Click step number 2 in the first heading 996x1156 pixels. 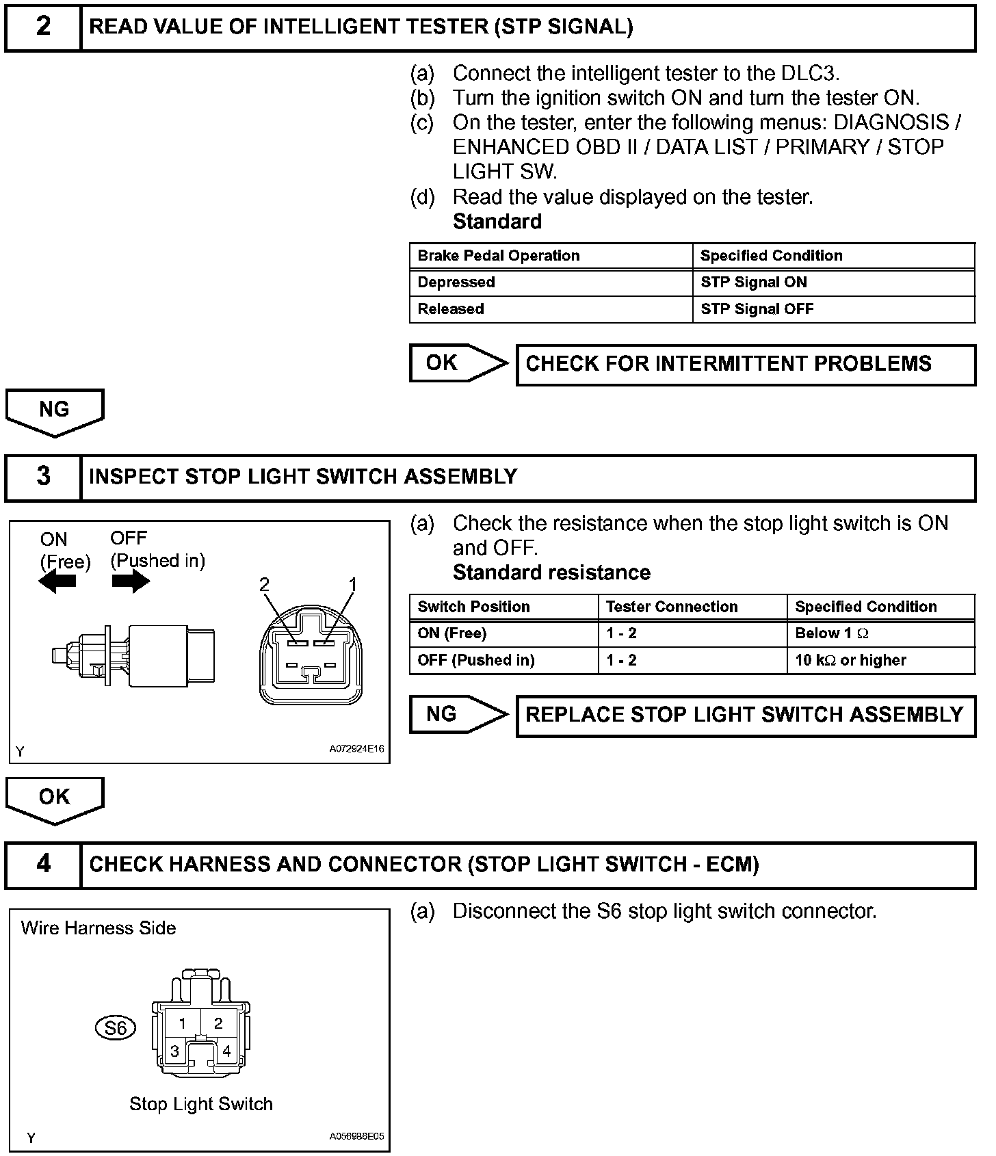(x=43, y=27)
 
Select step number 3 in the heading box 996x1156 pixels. (x=43, y=476)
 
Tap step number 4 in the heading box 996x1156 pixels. (x=43, y=864)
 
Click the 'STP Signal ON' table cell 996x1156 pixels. (x=753, y=283)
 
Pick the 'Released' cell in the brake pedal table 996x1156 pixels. (x=451, y=309)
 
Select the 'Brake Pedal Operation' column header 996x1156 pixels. (x=498, y=256)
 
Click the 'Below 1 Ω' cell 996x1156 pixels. (x=831, y=633)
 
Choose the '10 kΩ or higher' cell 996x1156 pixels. (x=850, y=660)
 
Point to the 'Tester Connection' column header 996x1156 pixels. (x=672, y=607)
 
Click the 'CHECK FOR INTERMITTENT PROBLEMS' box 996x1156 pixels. (x=745, y=365)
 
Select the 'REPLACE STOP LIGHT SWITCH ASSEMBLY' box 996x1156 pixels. (x=745, y=715)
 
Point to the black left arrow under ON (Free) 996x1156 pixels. (x=57, y=582)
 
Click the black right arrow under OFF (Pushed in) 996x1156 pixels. (x=131, y=582)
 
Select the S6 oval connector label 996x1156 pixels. (x=115, y=1027)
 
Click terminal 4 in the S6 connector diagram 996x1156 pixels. (x=226, y=1051)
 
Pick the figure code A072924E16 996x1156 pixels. (x=356, y=749)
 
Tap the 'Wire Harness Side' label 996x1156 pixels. (x=99, y=928)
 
